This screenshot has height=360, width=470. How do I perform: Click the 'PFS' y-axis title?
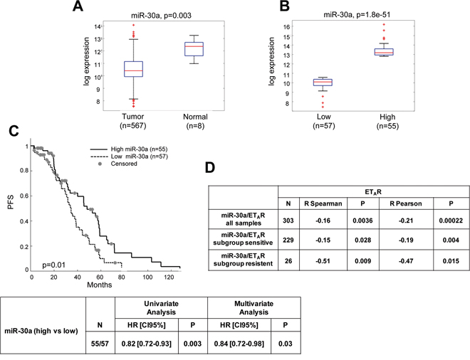pos(11,206)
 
